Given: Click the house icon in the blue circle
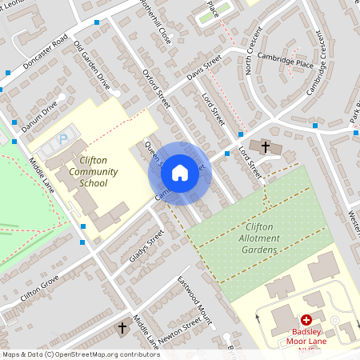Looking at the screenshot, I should (x=180, y=172).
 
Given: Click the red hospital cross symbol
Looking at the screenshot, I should (x=306, y=319).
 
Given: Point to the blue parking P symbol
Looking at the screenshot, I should (x=64, y=139).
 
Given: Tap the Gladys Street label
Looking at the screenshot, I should (x=146, y=246).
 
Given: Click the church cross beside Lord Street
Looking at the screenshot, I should (x=266, y=146).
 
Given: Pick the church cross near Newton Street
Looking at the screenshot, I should (x=122, y=328).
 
